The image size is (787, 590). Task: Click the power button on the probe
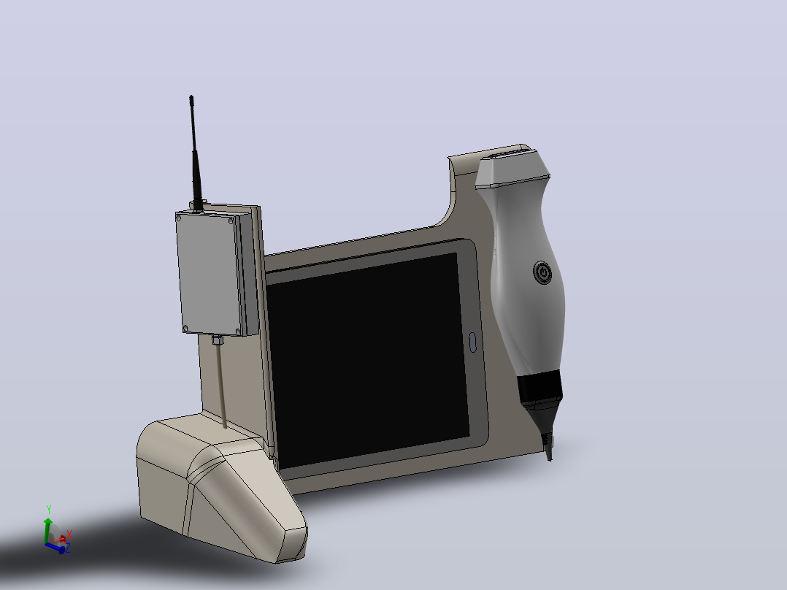542,272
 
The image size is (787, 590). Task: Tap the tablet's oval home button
472,342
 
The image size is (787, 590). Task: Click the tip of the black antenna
191,96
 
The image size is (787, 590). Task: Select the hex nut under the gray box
217,340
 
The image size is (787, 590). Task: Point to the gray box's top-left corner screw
179,218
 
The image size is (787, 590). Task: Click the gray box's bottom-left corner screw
185,329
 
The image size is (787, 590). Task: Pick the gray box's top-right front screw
231,221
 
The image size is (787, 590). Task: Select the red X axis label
69,535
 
